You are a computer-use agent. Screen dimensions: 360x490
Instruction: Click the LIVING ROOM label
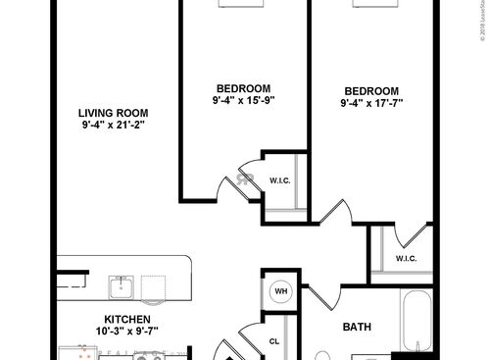pyautogui.click(x=114, y=111)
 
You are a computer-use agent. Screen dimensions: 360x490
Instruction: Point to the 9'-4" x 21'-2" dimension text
pyautogui.click(x=114, y=126)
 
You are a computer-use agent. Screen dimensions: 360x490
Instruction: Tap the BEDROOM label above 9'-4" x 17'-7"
pyautogui.click(x=372, y=88)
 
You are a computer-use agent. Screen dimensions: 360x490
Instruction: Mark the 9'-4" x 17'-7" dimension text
pyautogui.click(x=372, y=102)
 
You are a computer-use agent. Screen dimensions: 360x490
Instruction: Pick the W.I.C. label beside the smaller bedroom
pyautogui.click(x=280, y=180)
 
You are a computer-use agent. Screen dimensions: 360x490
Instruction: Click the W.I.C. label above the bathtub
pyautogui.click(x=407, y=259)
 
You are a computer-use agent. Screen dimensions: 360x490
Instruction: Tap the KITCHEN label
pyautogui.click(x=127, y=320)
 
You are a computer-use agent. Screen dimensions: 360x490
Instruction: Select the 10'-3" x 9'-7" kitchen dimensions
pyautogui.click(x=127, y=334)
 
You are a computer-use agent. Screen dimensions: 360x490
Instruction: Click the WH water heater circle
pyautogui.click(x=280, y=291)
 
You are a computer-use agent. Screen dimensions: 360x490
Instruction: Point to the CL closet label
pyautogui.click(x=276, y=341)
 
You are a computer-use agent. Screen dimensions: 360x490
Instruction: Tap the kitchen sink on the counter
pyautogui.click(x=122, y=286)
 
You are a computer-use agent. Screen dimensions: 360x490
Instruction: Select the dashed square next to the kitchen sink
pyautogui.click(x=155, y=287)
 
